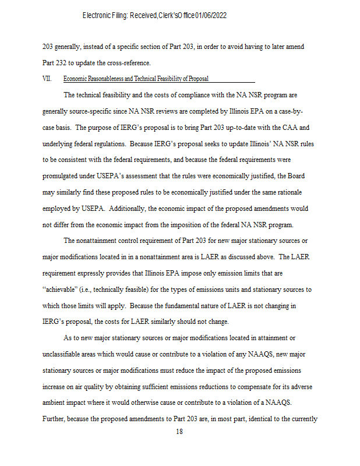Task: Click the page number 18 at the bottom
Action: (x=179, y=432)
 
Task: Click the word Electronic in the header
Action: (x=97, y=15)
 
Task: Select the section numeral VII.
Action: (x=47, y=79)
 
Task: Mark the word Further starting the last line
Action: (x=53, y=419)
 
